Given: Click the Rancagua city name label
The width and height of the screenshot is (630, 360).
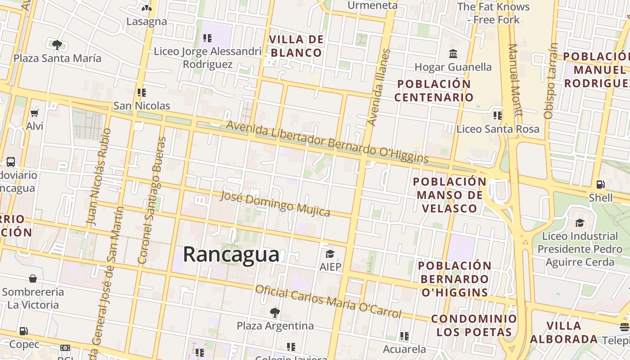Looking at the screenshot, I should tap(231, 255).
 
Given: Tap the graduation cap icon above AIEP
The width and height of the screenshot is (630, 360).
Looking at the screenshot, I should tap(330, 254).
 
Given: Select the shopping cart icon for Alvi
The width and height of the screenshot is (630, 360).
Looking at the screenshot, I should tap(35, 113).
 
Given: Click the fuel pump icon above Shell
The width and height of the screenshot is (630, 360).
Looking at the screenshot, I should tap(600, 184).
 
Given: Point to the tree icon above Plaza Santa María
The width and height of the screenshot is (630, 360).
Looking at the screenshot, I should tap(57, 45).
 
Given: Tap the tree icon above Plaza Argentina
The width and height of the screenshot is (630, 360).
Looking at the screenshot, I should tap(274, 312).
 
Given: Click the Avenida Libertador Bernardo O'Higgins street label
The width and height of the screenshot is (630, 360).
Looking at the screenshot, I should tap(327, 141).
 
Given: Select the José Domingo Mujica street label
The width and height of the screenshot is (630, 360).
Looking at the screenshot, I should tap(275, 203).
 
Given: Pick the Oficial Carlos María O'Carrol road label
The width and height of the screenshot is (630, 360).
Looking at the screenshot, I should tap(328, 301).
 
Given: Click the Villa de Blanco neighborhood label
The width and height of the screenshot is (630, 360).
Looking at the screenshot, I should tap(296, 46).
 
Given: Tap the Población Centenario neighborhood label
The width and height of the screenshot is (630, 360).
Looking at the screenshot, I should tap(434, 90).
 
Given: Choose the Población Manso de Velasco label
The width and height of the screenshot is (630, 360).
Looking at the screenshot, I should tap(449, 195).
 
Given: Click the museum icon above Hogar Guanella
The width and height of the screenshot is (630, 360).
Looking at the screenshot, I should tap(453, 54).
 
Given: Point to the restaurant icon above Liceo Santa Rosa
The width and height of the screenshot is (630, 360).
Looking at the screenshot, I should tap(497, 116).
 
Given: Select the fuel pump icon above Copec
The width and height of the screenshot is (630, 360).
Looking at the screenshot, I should tap(23, 331).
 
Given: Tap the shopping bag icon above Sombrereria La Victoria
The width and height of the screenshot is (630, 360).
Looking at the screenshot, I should tap(32, 279).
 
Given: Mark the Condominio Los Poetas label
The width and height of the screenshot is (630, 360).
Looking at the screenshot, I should tap(474, 325).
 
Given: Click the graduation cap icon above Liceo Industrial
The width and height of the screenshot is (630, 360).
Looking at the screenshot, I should tap(580, 223).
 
